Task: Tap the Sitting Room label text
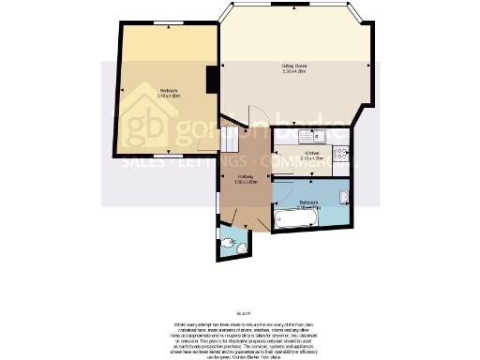(295, 66)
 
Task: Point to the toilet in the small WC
(231, 246)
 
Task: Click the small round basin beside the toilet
(242, 247)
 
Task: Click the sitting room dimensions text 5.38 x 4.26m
(295, 71)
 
